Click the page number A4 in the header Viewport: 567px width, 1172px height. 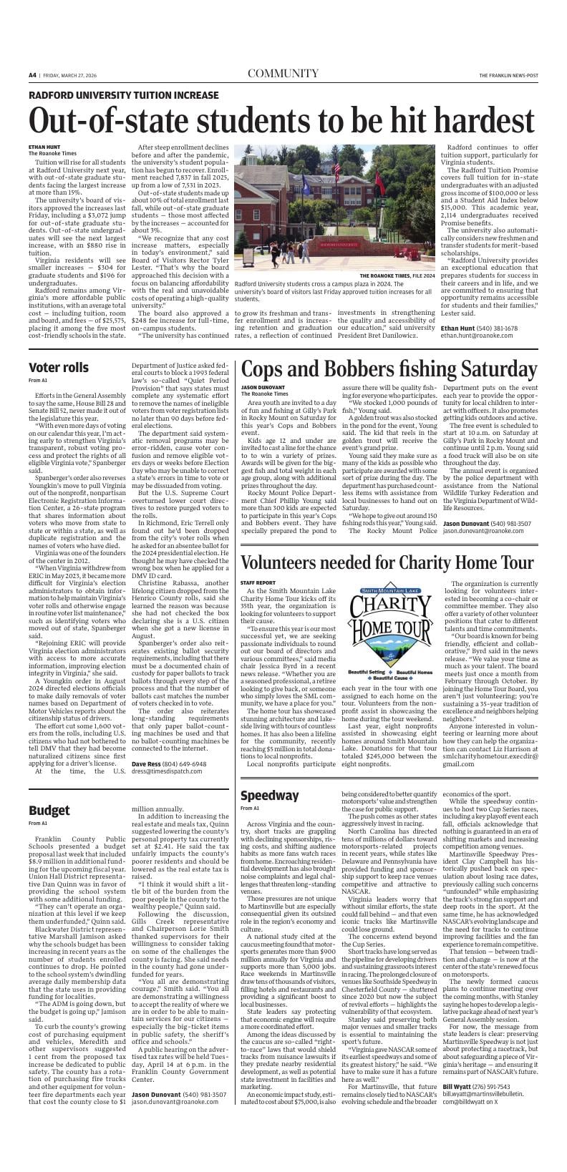(33, 74)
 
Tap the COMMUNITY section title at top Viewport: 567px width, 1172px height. (283, 74)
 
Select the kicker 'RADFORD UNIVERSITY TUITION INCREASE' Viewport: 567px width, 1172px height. (124, 95)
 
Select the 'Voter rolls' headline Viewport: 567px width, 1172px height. (59, 368)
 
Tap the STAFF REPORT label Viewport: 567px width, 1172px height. (258, 583)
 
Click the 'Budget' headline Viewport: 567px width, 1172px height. (49, 810)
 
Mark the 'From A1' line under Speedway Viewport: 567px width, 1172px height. (250, 809)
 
